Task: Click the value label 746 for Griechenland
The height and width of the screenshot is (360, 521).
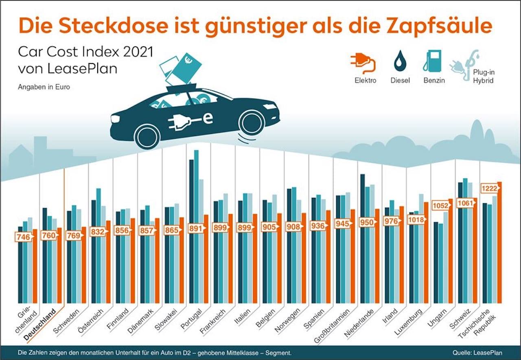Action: pyautogui.click(x=24, y=237)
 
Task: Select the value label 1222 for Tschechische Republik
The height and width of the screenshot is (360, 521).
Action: pyautogui.click(x=489, y=189)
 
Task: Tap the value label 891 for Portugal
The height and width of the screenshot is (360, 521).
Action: pyautogui.click(x=196, y=228)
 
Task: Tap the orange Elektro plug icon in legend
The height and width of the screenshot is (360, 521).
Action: pyautogui.click(x=362, y=64)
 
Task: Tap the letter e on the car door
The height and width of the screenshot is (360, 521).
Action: pyautogui.click(x=208, y=118)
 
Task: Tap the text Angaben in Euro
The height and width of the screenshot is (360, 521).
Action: pyautogui.click(x=44, y=87)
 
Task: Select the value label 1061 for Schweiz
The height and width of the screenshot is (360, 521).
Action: pyautogui.click(x=465, y=202)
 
